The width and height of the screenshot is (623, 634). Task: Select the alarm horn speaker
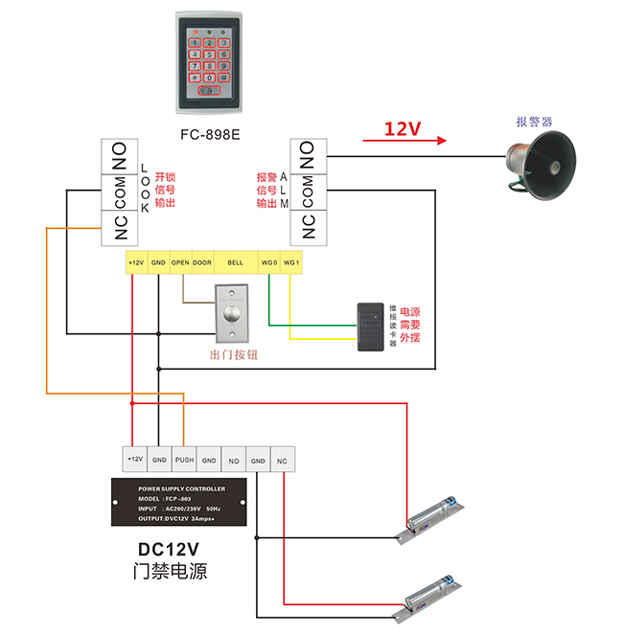pos(543,167)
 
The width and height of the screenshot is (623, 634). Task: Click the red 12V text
pos(403,128)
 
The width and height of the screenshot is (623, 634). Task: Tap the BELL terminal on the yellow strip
pos(236,262)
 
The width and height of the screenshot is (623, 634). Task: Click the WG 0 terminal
pos(269,262)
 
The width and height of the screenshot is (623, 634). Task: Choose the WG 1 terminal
pos(292,262)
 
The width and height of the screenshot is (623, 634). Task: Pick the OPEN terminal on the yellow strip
pos(180,262)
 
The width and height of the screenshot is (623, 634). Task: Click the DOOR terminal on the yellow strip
pos(202,262)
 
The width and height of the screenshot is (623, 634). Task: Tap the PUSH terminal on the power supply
pos(184,460)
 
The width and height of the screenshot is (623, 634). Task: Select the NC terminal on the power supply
pos(283,460)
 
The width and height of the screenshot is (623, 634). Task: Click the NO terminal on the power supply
pos(234,460)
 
